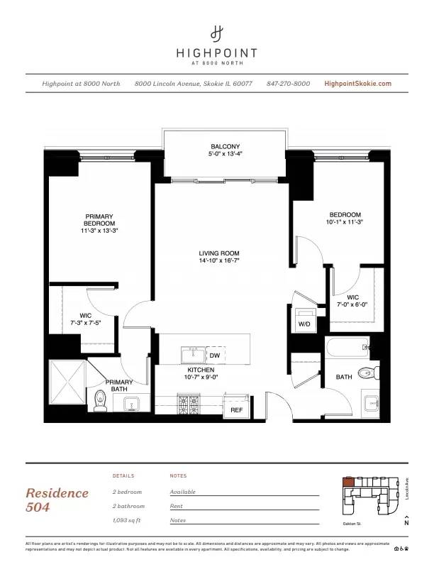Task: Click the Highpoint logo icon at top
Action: [x=217, y=33]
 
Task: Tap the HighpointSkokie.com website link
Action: [x=357, y=84]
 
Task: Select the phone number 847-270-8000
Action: [x=288, y=84]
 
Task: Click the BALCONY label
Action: [x=225, y=146]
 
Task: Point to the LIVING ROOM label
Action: [x=218, y=253]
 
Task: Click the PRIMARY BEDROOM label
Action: [x=99, y=220]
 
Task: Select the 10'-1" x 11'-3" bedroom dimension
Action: [x=345, y=222]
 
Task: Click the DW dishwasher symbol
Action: [x=215, y=355]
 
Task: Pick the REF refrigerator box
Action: [x=236, y=409]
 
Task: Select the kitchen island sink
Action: [x=191, y=354]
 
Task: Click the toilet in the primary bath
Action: [x=100, y=401]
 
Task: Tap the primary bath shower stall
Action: [x=67, y=386]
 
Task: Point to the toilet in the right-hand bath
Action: [x=366, y=372]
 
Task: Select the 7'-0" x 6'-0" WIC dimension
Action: [x=352, y=305]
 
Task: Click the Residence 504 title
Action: [x=57, y=500]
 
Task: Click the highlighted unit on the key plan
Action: [x=347, y=482]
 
